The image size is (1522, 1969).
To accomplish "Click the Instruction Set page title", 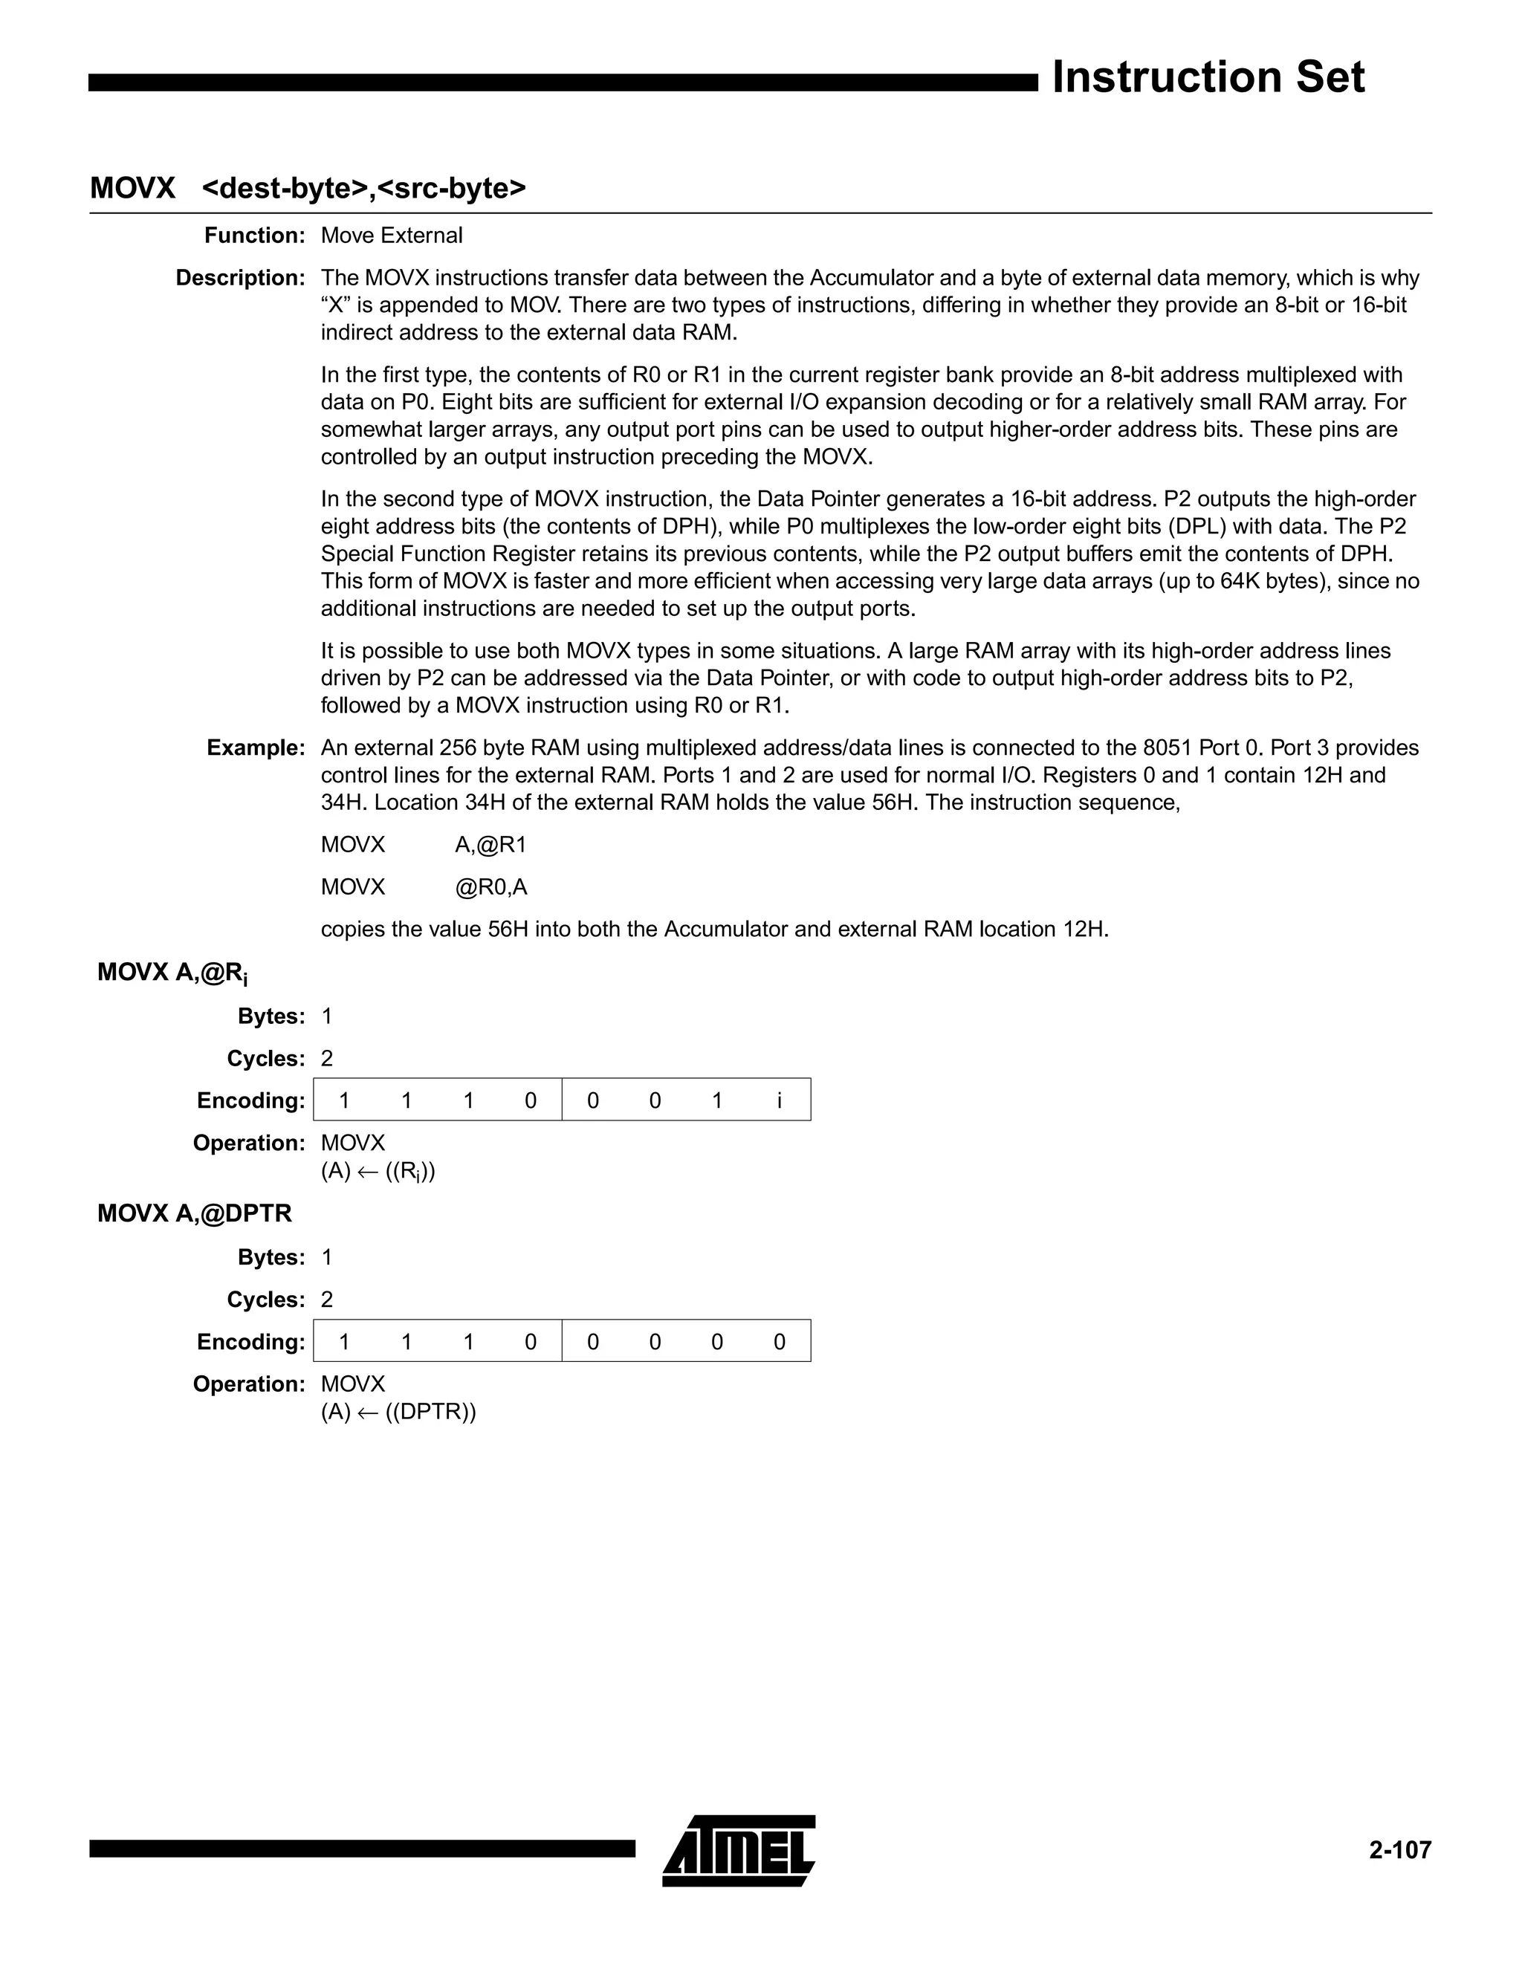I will click(x=1208, y=77).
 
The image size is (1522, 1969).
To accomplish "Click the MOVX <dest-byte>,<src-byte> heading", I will click(x=308, y=189).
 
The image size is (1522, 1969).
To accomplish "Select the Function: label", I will click(x=255, y=236).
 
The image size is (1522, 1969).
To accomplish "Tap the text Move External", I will click(x=392, y=236).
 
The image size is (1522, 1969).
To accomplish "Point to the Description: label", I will click(x=241, y=279).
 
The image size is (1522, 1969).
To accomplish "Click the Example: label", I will click(x=256, y=748).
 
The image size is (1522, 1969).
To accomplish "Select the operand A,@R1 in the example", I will click(x=490, y=846).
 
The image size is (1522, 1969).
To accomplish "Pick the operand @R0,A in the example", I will click(x=490, y=888).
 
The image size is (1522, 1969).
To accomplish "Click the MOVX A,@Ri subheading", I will click(x=172, y=973).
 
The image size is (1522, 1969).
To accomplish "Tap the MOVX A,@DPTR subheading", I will click(x=195, y=1214).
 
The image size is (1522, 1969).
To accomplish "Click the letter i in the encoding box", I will click(x=779, y=1101).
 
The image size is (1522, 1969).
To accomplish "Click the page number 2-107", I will click(x=1399, y=1850).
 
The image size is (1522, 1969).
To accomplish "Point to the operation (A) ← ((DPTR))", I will click(x=398, y=1412).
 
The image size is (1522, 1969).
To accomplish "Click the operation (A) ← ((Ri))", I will click(x=378, y=1172).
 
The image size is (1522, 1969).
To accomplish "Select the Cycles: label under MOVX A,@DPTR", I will click(x=266, y=1300).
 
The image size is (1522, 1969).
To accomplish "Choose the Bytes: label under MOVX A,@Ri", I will click(x=271, y=1017).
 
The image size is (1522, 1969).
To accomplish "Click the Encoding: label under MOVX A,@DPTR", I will click(x=250, y=1343).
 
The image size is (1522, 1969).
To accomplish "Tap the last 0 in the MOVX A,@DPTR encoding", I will click(x=779, y=1343).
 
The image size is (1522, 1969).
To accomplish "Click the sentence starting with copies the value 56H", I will click(x=714, y=930).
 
